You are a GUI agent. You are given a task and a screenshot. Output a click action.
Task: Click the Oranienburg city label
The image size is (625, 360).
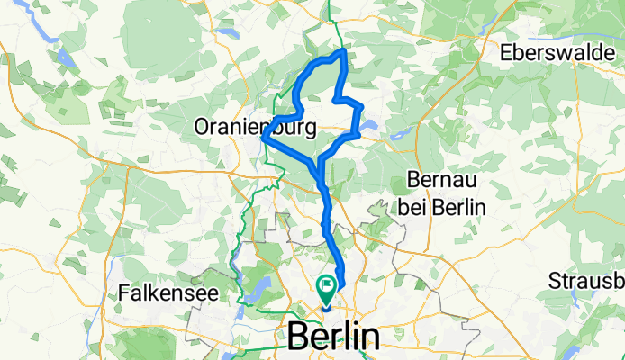click(255, 129)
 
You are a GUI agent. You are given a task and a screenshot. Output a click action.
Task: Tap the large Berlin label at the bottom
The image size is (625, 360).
click(333, 337)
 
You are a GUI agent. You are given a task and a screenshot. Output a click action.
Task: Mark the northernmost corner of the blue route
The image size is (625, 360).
click(343, 52)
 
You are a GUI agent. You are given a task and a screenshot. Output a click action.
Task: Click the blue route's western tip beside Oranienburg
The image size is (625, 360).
click(263, 138)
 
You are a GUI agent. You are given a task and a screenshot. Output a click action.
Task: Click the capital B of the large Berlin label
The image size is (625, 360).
click(298, 337)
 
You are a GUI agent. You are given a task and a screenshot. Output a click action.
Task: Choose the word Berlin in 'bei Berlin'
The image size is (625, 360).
click(460, 208)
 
